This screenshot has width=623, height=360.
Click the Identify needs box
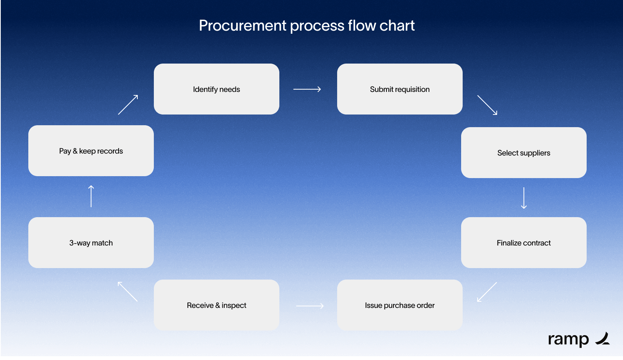(x=216, y=89)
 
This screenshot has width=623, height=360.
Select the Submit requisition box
(x=400, y=89)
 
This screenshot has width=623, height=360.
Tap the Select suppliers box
(x=524, y=152)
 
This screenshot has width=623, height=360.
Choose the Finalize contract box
(x=524, y=242)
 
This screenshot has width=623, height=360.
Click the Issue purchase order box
(x=400, y=305)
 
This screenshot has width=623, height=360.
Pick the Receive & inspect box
(x=216, y=305)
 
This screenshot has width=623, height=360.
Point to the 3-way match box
(x=91, y=242)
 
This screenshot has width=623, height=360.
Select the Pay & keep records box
(x=91, y=151)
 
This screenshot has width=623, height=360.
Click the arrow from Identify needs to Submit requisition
(x=307, y=89)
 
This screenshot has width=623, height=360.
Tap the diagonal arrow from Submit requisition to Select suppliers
(x=487, y=105)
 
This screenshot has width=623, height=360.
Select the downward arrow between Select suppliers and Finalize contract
(x=524, y=198)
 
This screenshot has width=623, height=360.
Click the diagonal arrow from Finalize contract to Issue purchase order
(x=487, y=292)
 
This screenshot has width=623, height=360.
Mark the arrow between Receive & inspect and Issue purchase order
(x=310, y=306)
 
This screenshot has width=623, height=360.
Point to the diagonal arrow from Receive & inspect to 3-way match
(x=127, y=291)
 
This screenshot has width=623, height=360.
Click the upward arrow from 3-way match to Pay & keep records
(x=91, y=196)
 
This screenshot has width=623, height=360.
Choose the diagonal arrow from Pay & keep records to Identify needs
(x=128, y=105)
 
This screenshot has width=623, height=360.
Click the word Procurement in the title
(x=243, y=26)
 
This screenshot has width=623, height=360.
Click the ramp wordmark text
(x=568, y=339)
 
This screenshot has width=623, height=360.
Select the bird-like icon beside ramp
(x=603, y=339)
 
